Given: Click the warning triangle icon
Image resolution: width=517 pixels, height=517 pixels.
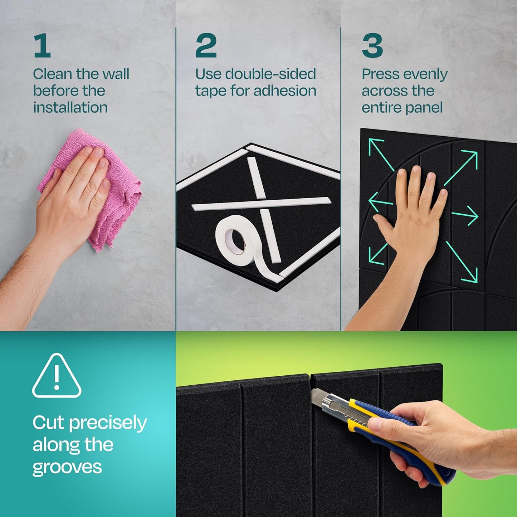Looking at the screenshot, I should [x=57, y=376].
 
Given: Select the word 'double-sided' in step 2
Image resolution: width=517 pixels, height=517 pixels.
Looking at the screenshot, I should [x=270, y=74].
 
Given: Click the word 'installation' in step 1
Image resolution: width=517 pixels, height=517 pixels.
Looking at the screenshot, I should [x=70, y=107].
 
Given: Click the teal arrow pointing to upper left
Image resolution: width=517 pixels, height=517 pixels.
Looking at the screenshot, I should [x=381, y=154].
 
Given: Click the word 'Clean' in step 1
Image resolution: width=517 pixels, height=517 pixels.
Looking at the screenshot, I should [x=53, y=74].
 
